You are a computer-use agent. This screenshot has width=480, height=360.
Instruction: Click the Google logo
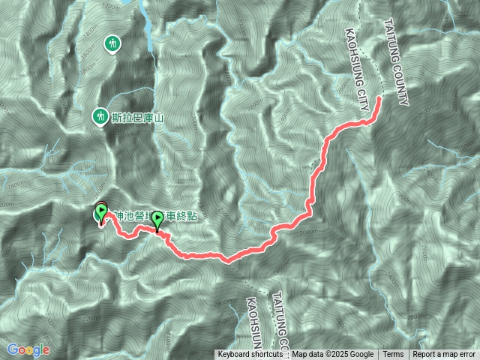click(28, 349)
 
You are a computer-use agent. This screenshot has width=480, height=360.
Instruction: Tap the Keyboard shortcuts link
click(251, 355)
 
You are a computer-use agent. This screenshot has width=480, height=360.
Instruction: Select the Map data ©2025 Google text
click(332, 355)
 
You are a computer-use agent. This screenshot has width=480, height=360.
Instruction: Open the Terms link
click(393, 355)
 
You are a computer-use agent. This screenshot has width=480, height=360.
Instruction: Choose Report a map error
click(444, 355)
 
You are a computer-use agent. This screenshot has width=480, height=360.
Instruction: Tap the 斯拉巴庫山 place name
click(138, 117)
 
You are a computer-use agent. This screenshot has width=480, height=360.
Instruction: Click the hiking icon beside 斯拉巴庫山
click(100, 116)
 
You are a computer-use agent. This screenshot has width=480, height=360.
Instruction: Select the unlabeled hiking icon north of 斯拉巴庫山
click(113, 43)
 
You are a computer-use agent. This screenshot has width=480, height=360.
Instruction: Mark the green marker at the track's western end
click(101, 213)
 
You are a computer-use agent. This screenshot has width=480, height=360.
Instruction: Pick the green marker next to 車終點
click(158, 221)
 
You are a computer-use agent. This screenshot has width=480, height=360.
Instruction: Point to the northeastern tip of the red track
click(379, 97)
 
